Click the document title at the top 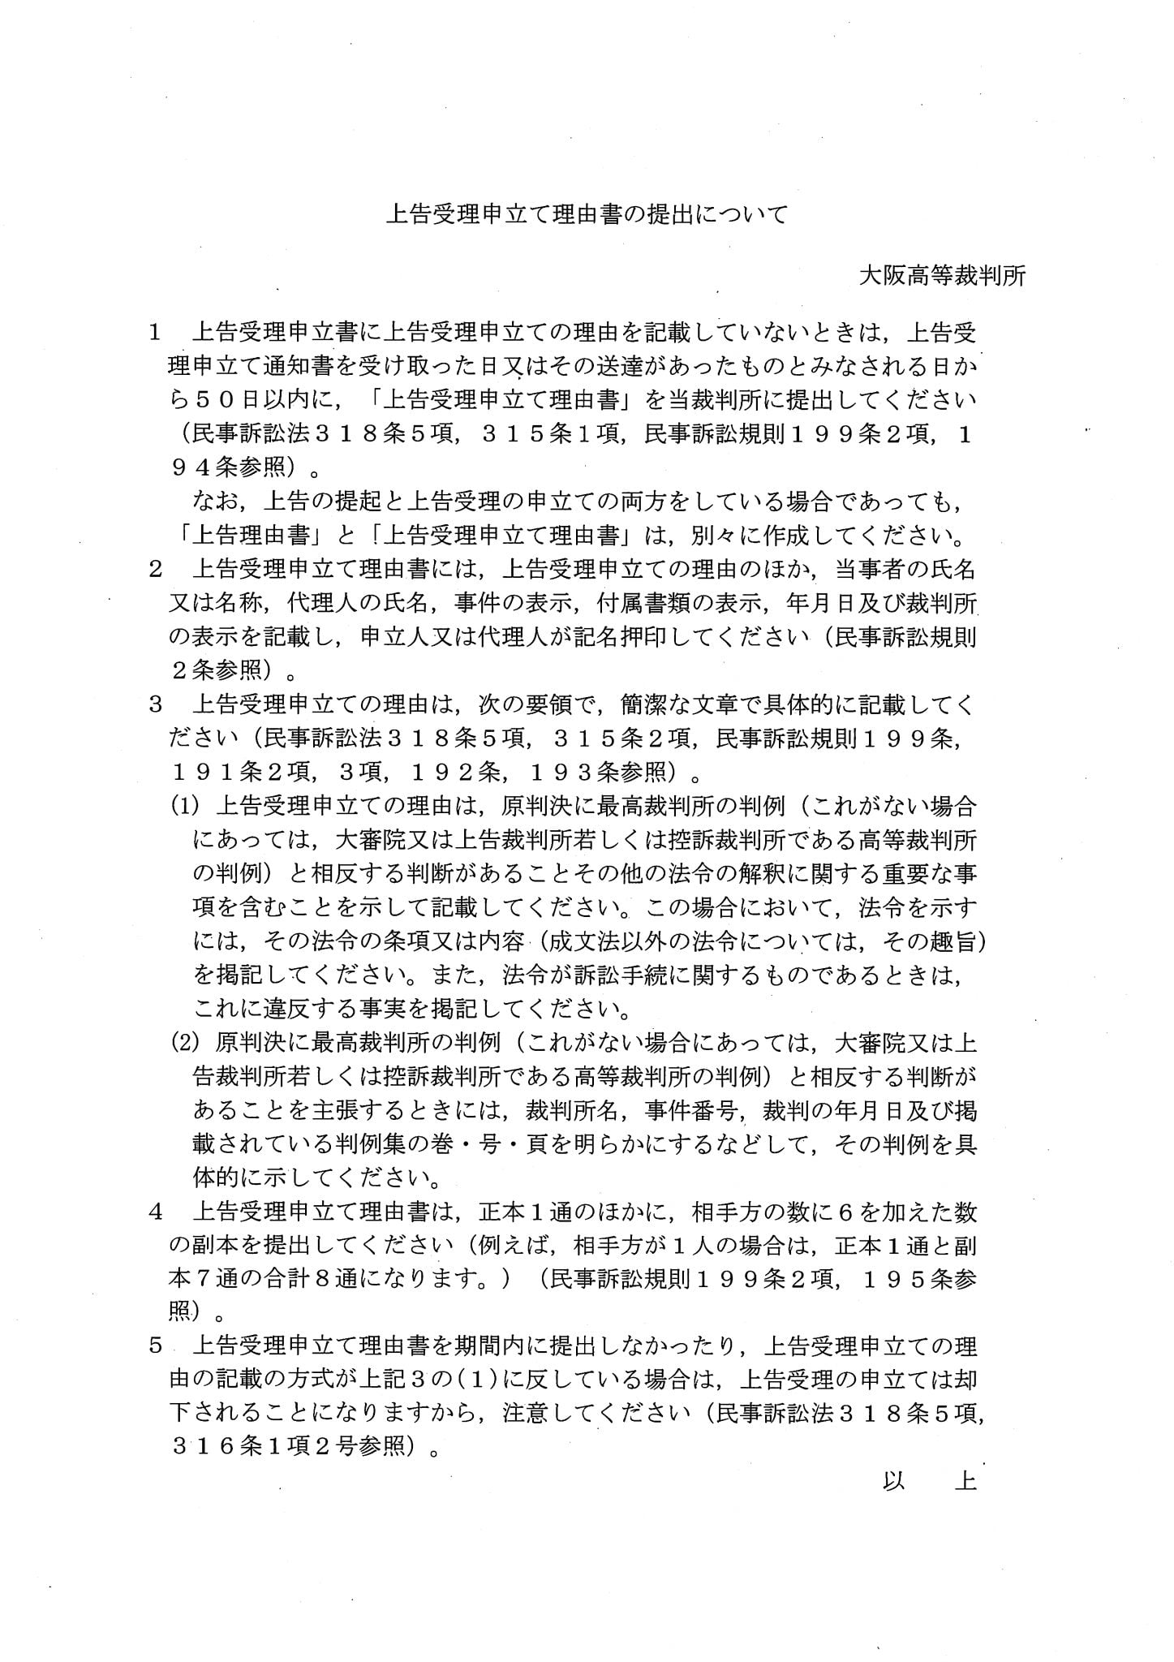click(586, 215)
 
